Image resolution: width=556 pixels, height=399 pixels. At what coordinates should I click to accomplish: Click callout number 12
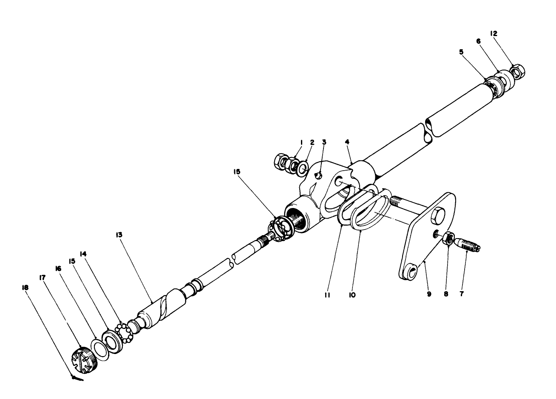tap(505, 33)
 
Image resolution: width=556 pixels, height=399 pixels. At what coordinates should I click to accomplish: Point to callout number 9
tap(429, 293)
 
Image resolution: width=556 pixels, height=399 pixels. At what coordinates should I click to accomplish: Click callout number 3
tap(324, 142)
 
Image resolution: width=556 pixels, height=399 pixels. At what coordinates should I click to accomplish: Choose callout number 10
tap(352, 293)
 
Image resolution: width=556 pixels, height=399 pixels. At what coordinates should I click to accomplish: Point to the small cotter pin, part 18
tap(77, 378)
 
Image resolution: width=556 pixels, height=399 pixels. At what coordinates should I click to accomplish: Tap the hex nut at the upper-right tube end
tap(516, 71)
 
